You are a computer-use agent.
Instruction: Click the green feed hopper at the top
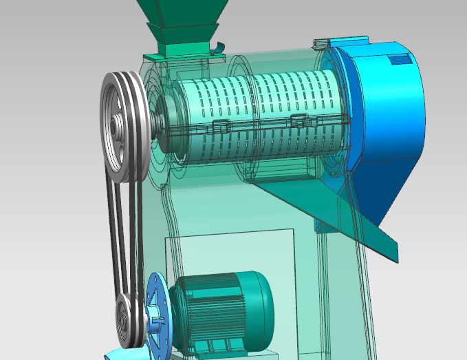coord(180,10)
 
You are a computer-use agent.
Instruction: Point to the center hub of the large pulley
coord(118,128)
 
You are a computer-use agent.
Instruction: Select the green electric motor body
coord(220,310)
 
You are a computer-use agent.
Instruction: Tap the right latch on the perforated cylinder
coord(298,120)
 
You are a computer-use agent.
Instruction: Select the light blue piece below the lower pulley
coord(117,354)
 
